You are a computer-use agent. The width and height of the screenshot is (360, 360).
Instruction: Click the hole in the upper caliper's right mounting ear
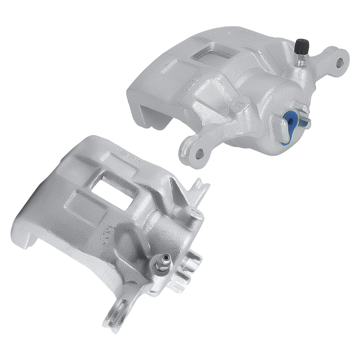[340, 63]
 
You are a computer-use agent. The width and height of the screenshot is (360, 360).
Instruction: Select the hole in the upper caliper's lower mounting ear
[198, 154]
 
